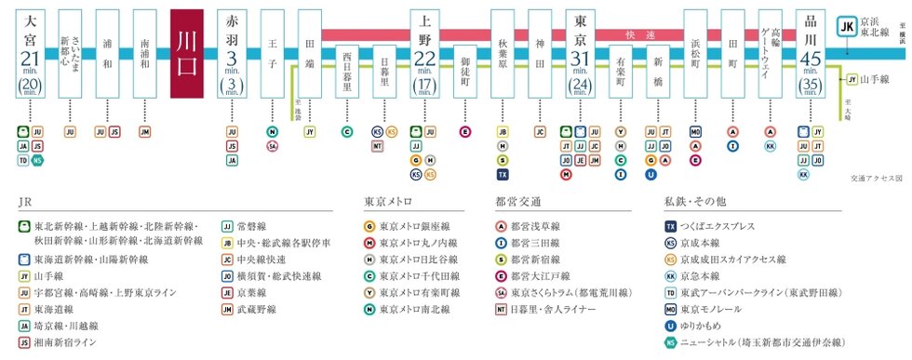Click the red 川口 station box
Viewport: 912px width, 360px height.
pos(194,54)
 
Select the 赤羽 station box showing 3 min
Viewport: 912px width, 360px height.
pos(233,54)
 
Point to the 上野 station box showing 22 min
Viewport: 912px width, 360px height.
pos(424,54)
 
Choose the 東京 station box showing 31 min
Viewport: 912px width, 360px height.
pos(580,54)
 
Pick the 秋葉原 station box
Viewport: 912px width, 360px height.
pos(503,54)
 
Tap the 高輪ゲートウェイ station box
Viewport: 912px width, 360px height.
pos(770,54)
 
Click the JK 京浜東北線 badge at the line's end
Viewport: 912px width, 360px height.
pos(847,29)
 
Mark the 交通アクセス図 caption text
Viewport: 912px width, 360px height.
pos(877,176)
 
